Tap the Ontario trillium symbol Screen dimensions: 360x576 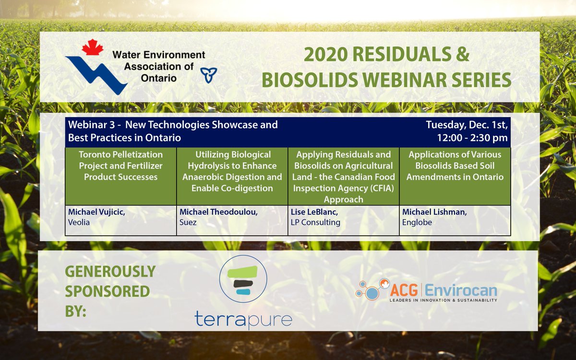coord(208,75)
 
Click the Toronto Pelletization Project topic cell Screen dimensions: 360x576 coord(121,166)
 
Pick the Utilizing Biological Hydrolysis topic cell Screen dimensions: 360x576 coord(232,171)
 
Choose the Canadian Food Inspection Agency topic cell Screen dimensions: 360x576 coord(343,177)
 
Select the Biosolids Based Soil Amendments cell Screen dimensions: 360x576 coord(455,166)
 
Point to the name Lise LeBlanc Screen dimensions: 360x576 coord(312,212)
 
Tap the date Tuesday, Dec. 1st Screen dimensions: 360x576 coord(467,125)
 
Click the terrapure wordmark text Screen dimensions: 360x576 coord(243,319)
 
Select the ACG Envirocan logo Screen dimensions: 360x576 coord(426,290)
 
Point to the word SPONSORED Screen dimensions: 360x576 coord(107,291)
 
